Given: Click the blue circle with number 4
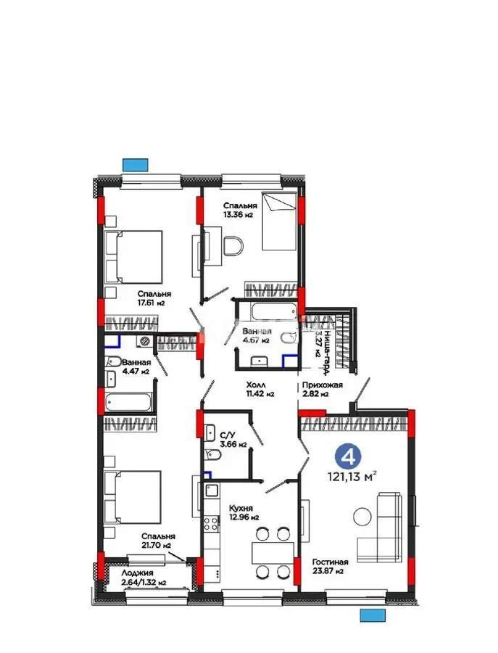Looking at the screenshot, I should (x=349, y=456).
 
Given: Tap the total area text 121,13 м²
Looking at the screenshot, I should (x=354, y=477).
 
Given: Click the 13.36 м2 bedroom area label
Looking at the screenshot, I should (x=238, y=215).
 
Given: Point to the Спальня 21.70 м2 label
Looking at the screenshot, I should (x=157, y=541).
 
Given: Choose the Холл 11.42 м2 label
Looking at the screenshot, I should (x=259, y=390).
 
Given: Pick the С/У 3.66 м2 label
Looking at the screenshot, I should (x=233, y=440).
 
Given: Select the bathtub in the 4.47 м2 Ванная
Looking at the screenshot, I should (x=129, y=401).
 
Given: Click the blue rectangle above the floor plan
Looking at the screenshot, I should (x=135, y=163).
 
